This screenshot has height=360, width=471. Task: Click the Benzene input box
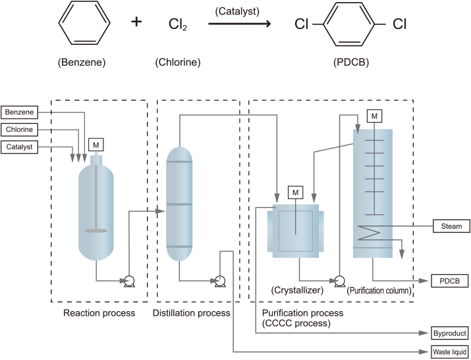pyautogui.click(x=18, y=113)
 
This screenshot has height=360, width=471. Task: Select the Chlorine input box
pyautogui.click(x=18, y=130)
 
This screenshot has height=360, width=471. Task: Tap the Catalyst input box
pyautogui.click(x=18, y=147)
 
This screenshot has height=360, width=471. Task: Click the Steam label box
pyautogui.click(x=451, y=226)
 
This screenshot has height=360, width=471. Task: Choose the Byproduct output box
pyautogui.click(x=450, y=334)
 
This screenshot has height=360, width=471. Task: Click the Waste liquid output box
pyautogui.click(x=450, y=352)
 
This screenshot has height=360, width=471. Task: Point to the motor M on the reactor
pyautogui.click(x=96, y=144)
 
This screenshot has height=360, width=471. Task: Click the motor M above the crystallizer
pyautogui.click(x=295, y=192)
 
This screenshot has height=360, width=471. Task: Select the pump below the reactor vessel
pyautogui.click(x=129, y=282)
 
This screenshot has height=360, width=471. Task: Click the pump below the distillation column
pyautogui.click(x=220, y=282)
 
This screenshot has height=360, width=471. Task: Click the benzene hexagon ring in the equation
pyautogui.click(x=82, y=24)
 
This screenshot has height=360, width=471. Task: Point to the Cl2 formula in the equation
pyautogui.click(x=177, y=24)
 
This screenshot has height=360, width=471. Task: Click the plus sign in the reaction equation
pyautogui.click(x=136, y=22)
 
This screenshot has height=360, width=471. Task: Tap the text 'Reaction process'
pyautogui.click(x=99, y=313)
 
